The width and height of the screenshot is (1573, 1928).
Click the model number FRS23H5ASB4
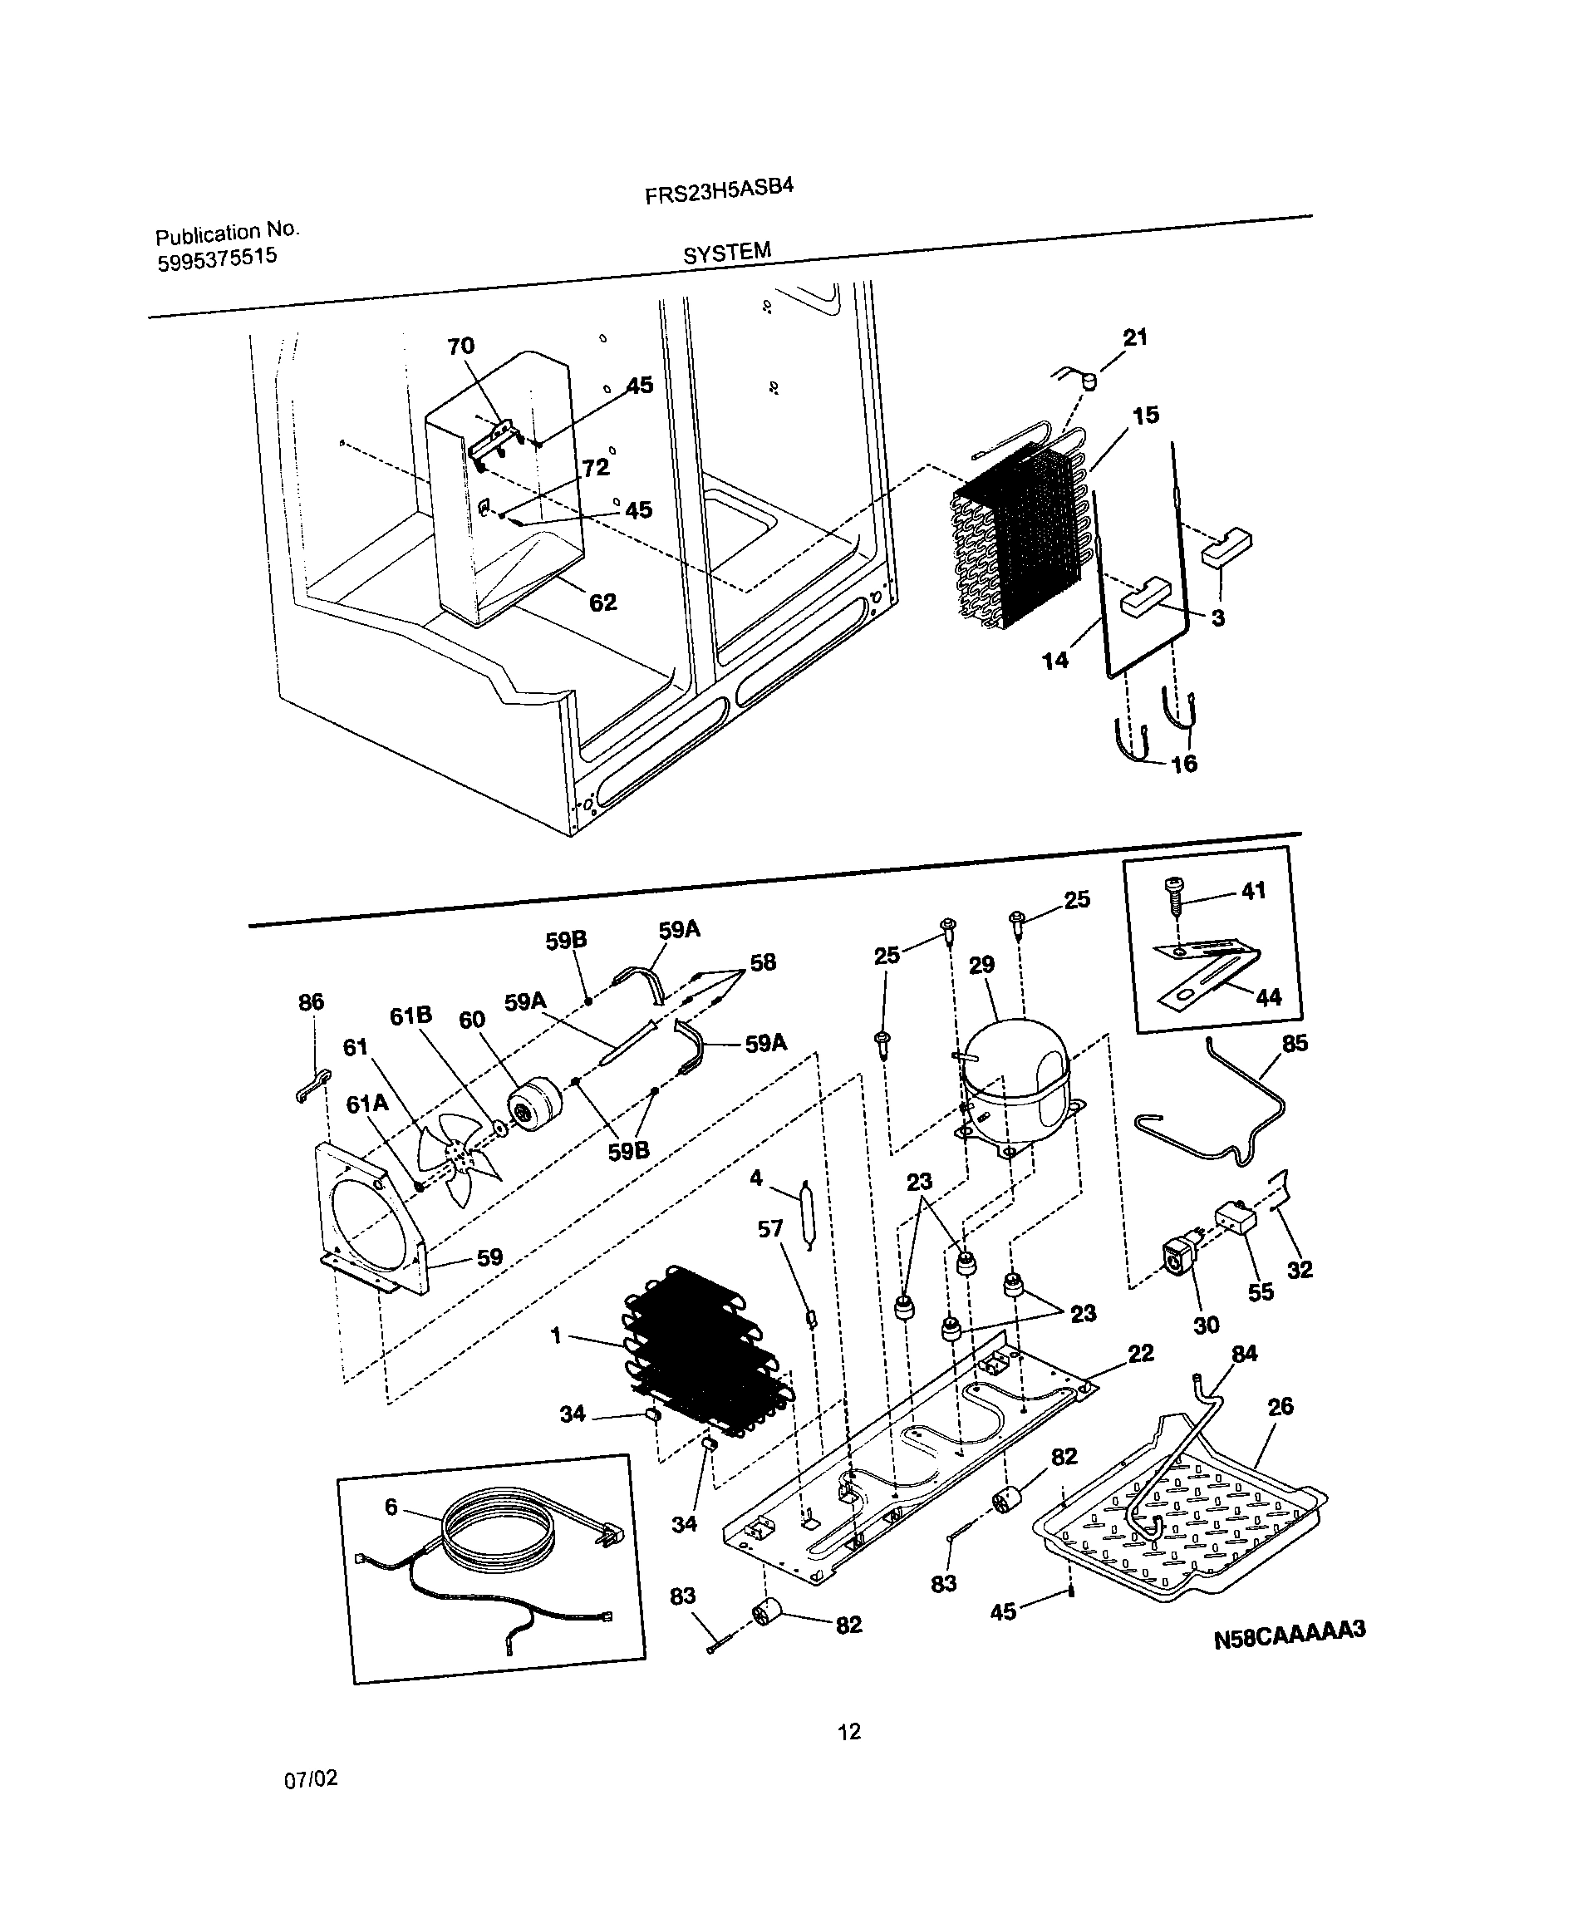point(719,190)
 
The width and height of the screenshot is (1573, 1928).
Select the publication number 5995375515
point(217,259)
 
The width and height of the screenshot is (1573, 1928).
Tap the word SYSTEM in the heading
point(727,253)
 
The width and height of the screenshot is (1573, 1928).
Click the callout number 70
point(460,346)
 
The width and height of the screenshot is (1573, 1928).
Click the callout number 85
point(1295,1043)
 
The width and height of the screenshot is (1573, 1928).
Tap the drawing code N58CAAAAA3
point(1289,1631)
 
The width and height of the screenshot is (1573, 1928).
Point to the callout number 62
point(602,602)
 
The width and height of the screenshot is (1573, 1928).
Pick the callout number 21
point(1134,337)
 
